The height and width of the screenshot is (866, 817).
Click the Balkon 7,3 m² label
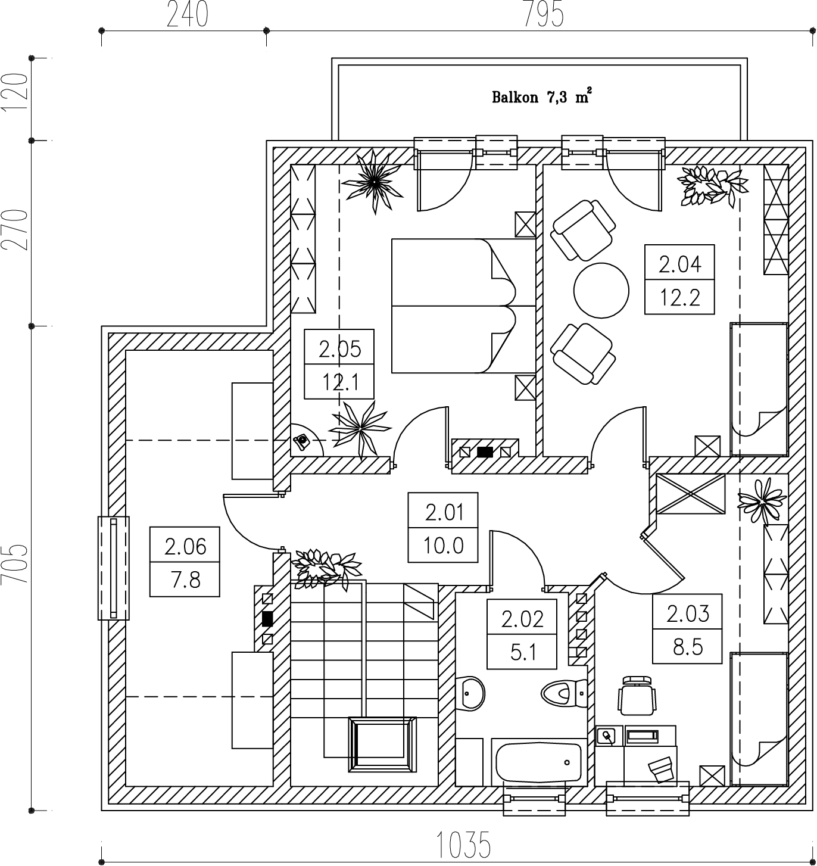point(541,97)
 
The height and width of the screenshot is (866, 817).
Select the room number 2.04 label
point(679,263)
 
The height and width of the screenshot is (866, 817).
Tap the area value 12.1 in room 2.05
point(339,382)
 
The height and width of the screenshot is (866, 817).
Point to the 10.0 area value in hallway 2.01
point(443,545)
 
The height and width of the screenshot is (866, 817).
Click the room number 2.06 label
point(185,546)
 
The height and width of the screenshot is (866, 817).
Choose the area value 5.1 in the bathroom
point(522,652)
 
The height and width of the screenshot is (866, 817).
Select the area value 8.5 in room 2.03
point(687,647)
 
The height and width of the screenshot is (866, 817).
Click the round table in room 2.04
point(601,291)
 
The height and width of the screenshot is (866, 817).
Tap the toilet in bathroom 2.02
point(563,693)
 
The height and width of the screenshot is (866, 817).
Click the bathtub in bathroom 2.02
point(538,762)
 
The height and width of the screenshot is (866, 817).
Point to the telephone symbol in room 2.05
point(301,441)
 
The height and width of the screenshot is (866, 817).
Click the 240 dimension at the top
point(187,14)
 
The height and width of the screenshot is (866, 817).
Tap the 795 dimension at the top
point(542,14)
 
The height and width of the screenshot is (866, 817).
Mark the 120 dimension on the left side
point(14,92)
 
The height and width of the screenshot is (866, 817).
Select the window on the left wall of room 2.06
point(113,568)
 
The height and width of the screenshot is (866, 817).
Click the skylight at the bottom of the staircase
point(382,744)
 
